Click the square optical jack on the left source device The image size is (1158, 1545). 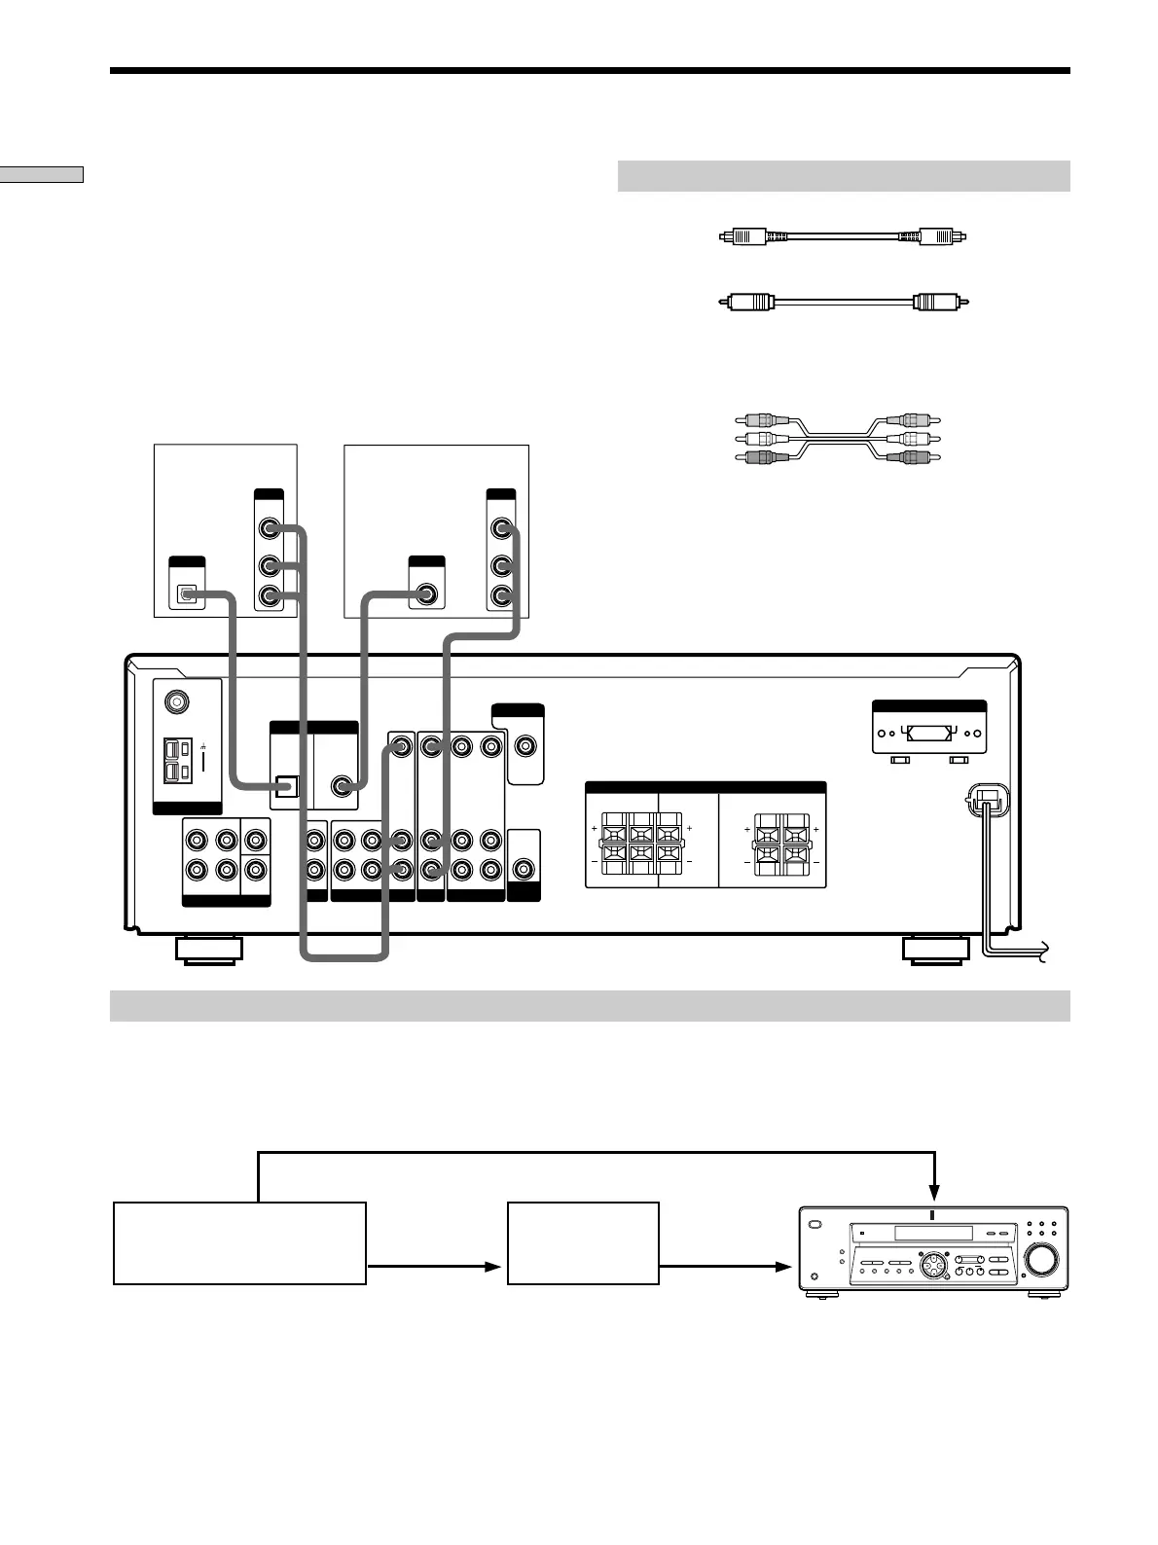pyautogui.click(x=187, y=593)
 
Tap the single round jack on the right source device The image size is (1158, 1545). pyautogui.click(x=426, y=593)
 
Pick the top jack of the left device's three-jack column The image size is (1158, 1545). pyautogui.click(x=269, y=530)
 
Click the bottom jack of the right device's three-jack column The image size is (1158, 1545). pyautogui.click(x=501, y=594)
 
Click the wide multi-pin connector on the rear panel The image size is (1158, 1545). pyautogui.click(x=929, y=735)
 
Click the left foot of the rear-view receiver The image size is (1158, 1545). pyautogui.click(x=209, y=950)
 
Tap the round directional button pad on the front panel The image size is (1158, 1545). pyautogui.click(x=930, y=1265)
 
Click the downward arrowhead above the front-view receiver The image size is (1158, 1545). pyautogui.click(x=933, y=1192)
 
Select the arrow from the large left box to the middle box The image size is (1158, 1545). pyautogui.click(x=436, y=1267)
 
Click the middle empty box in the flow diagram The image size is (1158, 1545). pyautogui.click(x=583, y=1242)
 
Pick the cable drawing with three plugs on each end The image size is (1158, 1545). pyautogui.click(x=838, y=439)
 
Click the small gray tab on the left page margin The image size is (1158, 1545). pyautogui.click(x=42, y=174)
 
